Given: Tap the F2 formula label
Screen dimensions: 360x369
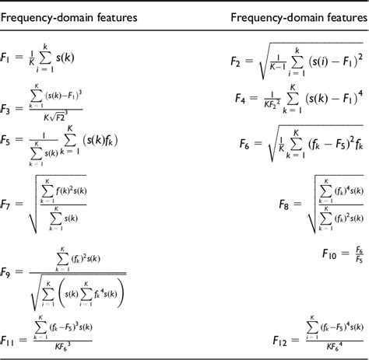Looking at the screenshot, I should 237,59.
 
